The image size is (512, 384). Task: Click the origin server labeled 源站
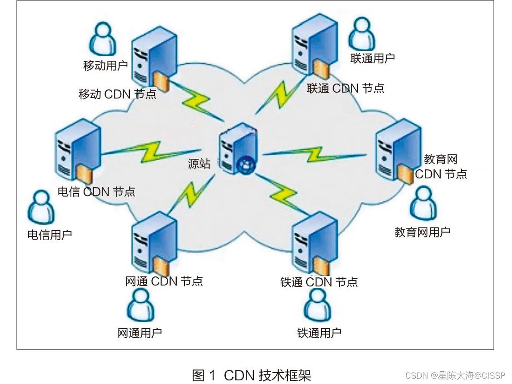[237, 148]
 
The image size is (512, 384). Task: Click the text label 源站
[199, 164]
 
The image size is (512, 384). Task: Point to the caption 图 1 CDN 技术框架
[251, 375]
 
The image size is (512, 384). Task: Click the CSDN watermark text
[455, 375]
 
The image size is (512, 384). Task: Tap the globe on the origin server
[245, 166]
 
